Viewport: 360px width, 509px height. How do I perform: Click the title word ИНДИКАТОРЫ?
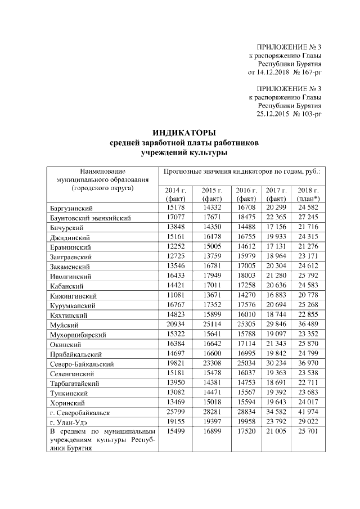click(x=184, y=133)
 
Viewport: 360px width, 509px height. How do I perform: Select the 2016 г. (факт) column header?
click(x=246, y=195)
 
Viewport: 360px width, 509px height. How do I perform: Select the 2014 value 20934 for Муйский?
click(x=176, y=325)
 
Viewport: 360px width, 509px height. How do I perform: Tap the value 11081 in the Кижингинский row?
click(x=176, y=295)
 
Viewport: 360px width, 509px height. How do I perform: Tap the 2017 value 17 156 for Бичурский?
click(x=277, y=227)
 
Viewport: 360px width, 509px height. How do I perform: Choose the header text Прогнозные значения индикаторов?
click(x=219, y=170)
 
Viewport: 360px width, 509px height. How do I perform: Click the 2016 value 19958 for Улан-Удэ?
click(x=246, y=422)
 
